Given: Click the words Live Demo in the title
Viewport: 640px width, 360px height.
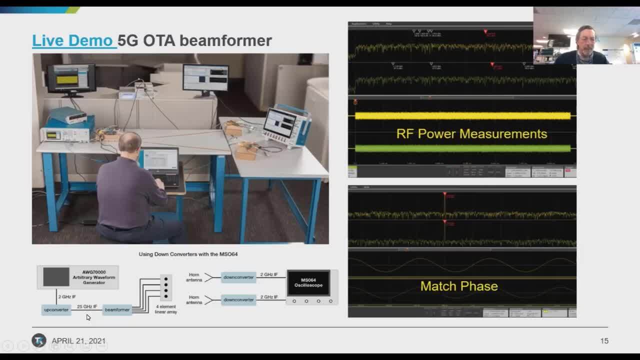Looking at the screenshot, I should tap(72, 40).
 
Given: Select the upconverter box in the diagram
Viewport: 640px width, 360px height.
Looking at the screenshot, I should tap(56, 310).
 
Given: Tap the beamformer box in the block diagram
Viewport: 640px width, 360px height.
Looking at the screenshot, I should tap(117, 310).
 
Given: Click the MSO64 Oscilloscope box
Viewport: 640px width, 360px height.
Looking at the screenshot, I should tap(308, 283).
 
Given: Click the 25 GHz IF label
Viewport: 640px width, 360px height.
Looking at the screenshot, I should tap(87, 306).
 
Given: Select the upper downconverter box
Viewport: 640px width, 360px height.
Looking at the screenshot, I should tap(238, 277).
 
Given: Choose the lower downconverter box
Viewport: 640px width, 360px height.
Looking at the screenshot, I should tap(238, 299).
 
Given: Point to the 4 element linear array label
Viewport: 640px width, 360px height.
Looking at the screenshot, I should tap(166, 309).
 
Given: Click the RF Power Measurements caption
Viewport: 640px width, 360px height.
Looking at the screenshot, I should tap(471, 133).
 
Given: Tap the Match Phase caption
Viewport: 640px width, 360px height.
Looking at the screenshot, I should tap(459, 286).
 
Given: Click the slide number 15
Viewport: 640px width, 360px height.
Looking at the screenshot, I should tap(604, 341).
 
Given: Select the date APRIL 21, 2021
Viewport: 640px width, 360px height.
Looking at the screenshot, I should tap(78, 341).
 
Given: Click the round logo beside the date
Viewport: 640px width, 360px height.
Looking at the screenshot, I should tap(39, 340).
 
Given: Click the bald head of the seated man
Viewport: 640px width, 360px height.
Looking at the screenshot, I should tap(130, 143).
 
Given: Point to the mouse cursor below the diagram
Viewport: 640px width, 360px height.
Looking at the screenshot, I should tap(88, 317).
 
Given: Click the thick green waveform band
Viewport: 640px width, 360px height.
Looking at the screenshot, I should tap(462, 148).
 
